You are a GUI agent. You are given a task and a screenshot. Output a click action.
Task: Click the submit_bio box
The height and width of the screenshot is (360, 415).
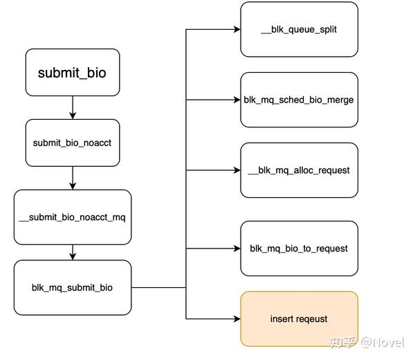click(72, 72)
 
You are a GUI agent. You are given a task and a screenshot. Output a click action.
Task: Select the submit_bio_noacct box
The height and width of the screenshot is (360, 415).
click(72, 143)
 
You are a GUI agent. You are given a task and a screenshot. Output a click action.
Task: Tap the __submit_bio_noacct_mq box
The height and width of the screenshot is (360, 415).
click(72, 217)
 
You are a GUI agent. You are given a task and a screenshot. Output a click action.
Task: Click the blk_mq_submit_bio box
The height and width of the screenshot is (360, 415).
click(72, 287)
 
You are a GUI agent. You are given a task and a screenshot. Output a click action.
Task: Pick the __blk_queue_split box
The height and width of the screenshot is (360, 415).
click(299, 29)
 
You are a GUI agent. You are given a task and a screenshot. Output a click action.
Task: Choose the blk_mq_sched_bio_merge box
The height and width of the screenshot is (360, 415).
click(299, 100)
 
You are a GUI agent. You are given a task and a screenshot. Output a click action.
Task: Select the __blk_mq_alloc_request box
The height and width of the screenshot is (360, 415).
click(299, 170)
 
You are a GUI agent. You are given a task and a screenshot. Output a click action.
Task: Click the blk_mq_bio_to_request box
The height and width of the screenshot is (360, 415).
click(299, 249)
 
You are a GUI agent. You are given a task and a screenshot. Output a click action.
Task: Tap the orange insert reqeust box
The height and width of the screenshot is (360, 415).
click(299, 318)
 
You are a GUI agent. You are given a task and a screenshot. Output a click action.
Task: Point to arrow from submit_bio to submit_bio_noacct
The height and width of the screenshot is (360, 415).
click(72, 107)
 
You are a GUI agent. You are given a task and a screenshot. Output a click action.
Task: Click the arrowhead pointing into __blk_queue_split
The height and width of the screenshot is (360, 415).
click(236, 30)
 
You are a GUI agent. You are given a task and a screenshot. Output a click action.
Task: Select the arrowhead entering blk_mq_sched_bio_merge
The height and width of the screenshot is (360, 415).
click(236, 100)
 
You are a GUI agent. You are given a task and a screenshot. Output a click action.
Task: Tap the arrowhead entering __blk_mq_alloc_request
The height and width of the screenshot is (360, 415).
click(236, 170)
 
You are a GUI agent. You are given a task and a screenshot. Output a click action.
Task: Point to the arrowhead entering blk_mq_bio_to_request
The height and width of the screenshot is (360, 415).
click(236, 249)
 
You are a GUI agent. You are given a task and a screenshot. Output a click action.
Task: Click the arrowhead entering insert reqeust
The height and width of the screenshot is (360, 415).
click(236, 318)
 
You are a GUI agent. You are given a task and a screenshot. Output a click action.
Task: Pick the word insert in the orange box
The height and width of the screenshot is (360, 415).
click(281, 318)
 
